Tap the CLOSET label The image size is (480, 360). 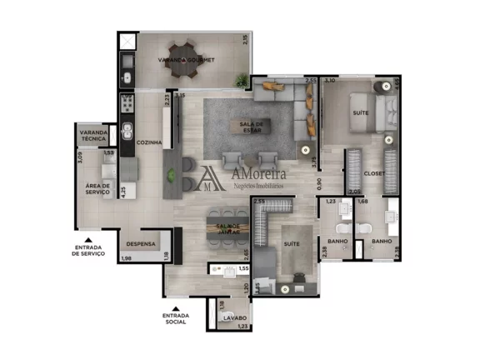pyautogui.click(x=374, y=173)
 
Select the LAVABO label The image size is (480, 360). pyautogui.click(x=234, y=317)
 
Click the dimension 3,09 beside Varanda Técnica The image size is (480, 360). pyautogui.click(x=79, y=155)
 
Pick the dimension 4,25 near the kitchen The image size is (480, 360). pyautogui.click(x=122, y=190)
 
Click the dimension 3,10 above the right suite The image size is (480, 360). pyautogui.click(x=330, y=81)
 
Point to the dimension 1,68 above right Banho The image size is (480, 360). pyautogui.click(x=362, y=201)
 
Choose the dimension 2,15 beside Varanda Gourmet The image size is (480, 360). pyautogui.click(x=245, y=39)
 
